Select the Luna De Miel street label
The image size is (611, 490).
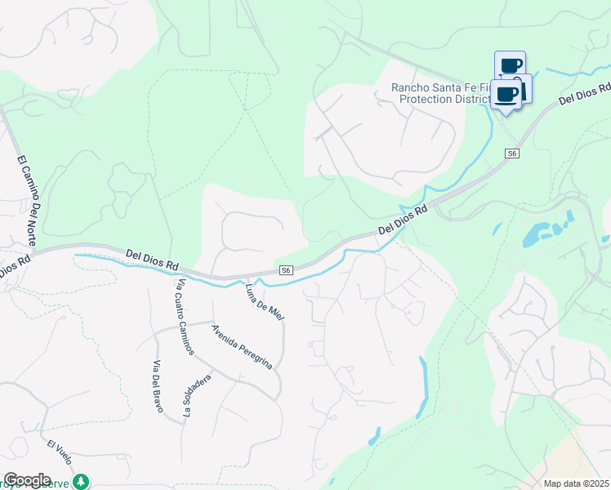(264, 300)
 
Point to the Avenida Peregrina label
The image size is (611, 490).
(241, 347)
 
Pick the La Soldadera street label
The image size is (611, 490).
(197, 396)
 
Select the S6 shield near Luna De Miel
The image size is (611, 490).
(285, 270)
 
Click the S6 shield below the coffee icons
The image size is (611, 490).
(512, 154)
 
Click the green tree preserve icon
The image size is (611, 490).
(81, 481)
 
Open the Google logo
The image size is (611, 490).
(26, 480)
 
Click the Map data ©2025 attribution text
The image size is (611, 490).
(577, 483)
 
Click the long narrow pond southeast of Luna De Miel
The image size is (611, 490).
(422, 388)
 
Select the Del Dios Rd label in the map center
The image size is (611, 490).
(404, 221)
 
